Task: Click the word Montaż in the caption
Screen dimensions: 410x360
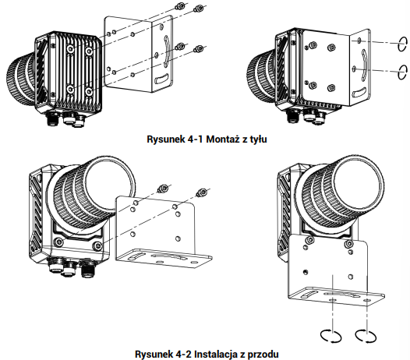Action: click(223, 139)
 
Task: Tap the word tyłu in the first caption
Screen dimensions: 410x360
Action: click(258, 139)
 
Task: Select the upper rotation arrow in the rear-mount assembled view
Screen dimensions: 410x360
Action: click(402, 44)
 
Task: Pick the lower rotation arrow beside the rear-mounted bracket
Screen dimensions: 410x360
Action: click(402, 72)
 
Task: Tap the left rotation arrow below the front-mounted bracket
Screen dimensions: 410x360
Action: click(331, 335)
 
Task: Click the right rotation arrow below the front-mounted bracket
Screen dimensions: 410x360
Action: click(366, 335)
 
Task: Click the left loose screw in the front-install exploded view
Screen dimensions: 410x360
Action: click(161, 189)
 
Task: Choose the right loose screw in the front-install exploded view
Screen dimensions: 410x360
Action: click(201, 192)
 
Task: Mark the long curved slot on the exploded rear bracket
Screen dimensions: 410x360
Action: click(166, 51)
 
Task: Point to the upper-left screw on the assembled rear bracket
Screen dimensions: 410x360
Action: click(312, 46)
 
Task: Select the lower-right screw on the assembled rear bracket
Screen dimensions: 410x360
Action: click(331, 87)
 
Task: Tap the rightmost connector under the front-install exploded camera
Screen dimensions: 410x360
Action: click(87, 267)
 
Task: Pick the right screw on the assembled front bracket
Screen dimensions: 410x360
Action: click(348, 244)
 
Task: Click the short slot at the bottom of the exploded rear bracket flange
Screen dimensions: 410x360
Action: click(162, 79)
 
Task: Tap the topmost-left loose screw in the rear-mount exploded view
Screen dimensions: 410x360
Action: click(180, 5)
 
